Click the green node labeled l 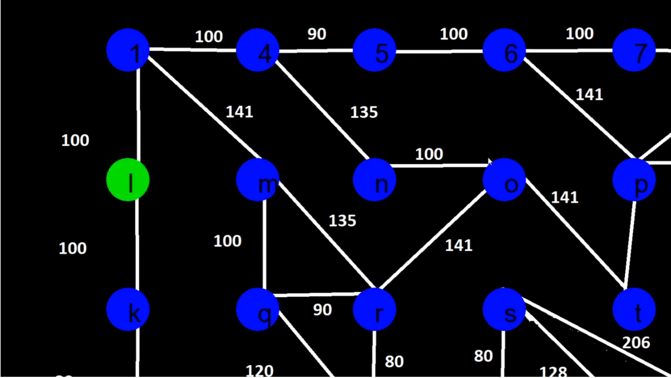pos(127,179)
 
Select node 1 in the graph pos(127,50)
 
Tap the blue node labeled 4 pos(258,50)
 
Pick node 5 pos(375,50)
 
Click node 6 pos(504,50)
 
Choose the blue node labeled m pos(258,179)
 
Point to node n pos(375,179)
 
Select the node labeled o pos(504,179)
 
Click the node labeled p pos(634,179)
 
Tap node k pos(127,309)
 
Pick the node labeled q pos(258,309)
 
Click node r pos(375,309)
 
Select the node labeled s pos(504,309)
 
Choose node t pos(634,309)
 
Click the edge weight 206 pos(636,343)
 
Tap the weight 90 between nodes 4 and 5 pos(317,34)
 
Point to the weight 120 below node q pos(260,371)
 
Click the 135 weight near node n pos(364,112)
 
